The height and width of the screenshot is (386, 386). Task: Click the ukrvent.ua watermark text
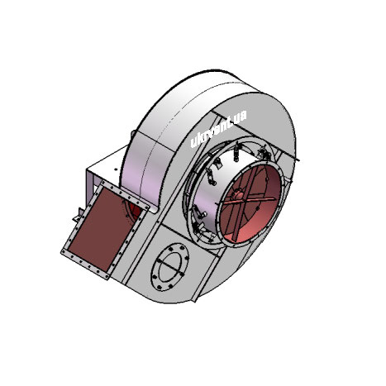(218, 129)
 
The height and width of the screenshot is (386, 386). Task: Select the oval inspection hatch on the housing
(169, 267)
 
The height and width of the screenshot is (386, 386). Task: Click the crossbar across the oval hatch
(170, 266)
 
